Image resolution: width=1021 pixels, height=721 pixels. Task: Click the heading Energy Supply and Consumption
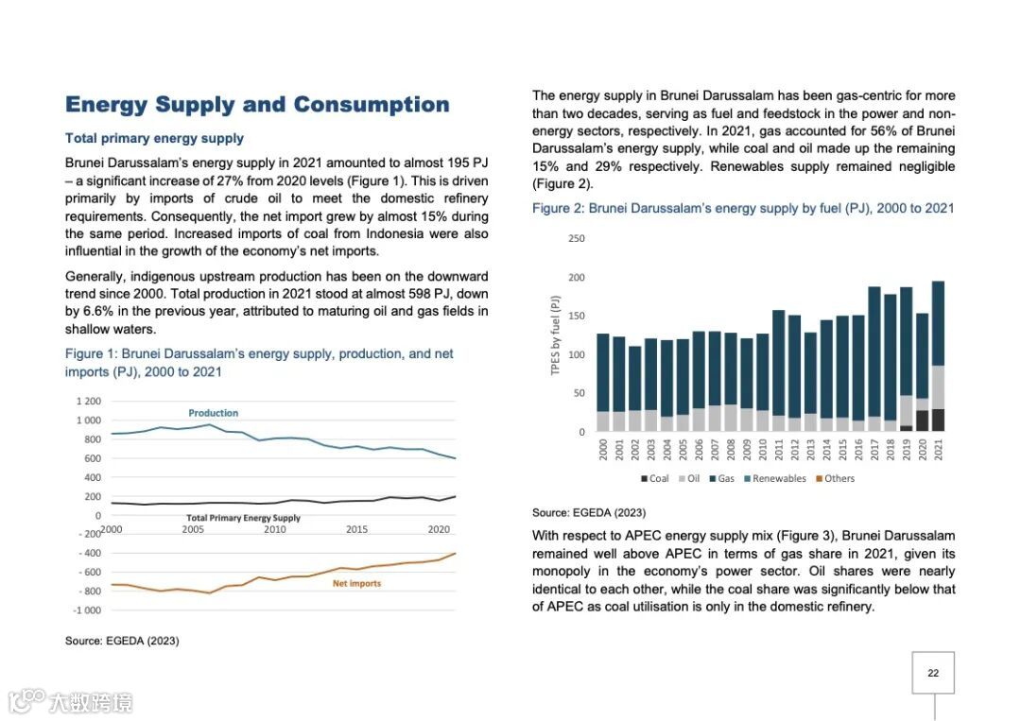coord(257,105)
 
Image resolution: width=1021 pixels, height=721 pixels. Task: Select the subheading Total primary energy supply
coord(154,138)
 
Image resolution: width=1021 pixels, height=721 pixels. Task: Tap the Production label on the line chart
coord(213,413)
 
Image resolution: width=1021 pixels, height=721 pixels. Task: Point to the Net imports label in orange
coord(356,583)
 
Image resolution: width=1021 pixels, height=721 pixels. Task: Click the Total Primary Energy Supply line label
coord(243,518)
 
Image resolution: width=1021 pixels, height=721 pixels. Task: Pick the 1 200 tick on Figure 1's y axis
coord(88,402)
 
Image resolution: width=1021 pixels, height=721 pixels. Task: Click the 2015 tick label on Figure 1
coord(356,529)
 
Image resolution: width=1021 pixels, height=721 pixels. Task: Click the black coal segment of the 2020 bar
coord(922,421)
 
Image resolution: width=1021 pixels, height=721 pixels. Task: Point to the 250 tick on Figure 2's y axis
coord(577,238)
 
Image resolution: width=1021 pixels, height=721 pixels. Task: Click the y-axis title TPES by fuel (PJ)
coord(556,336)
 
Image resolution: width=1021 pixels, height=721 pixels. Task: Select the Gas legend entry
coord(721,478)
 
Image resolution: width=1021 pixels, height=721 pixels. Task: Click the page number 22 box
coord(933,673)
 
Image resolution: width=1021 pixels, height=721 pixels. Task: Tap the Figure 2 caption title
coord(743,208)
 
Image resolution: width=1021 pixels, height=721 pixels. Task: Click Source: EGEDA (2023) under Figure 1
coord(122,641)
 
